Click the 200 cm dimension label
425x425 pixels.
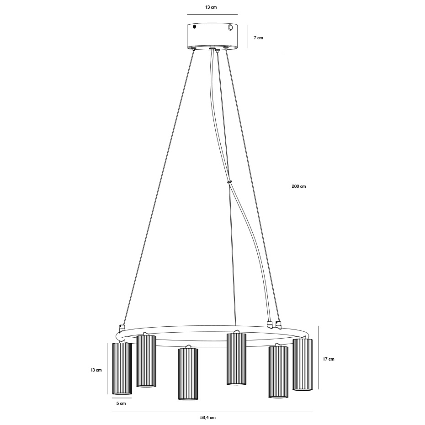point(299,186)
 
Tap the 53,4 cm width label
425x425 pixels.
point(208,418)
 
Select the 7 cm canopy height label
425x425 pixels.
point(259,38)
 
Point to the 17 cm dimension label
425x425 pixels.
point(328,359)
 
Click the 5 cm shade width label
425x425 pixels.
point(121,404)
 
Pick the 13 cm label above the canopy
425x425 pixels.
point(211,7)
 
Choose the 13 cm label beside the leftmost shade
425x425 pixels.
point(96,370)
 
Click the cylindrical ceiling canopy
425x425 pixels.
point(212,36)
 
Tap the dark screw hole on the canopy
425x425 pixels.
point(194,27)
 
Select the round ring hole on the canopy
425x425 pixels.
point(231,28)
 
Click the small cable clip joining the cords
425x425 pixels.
point(229,181)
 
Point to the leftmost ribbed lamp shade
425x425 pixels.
point(122,368)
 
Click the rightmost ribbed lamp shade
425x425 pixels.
point(303,364)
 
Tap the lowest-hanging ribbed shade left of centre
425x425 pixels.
point(188,373)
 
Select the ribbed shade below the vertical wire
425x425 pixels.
point(236,359)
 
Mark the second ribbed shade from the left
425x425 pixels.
point(146,361)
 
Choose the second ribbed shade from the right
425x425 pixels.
point(278,372)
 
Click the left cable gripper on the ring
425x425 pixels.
point(122,328)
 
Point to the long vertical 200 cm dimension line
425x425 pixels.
point(284,187)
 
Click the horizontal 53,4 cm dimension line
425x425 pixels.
point(212,411)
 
